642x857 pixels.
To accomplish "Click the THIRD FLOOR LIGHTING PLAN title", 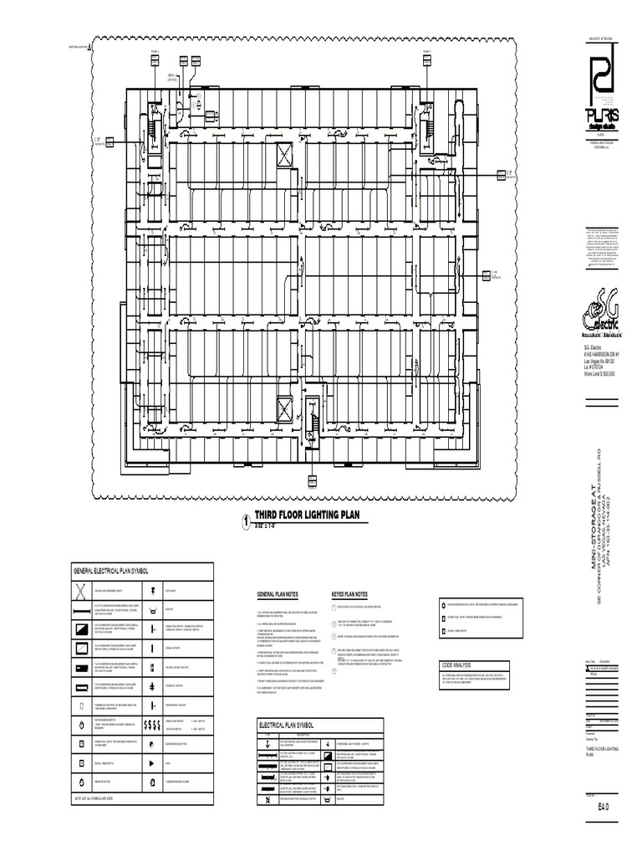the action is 306,516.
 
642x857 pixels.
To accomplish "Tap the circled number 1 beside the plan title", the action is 246,521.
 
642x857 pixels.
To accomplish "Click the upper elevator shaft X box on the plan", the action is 284,154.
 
